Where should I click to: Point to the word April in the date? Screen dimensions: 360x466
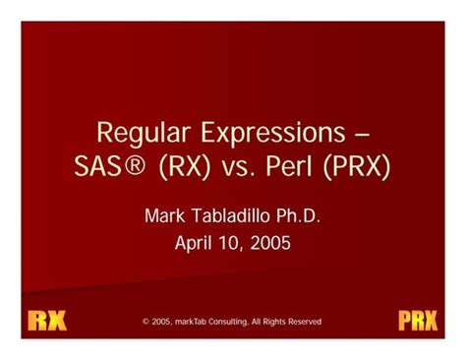pos(196,242)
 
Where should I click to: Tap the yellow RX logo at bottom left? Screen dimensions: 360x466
pos(46,321)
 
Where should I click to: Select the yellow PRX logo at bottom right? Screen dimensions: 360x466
pos(418,321)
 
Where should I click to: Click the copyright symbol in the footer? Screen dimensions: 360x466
pos(146,322)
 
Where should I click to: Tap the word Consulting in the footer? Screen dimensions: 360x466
pos(244,322)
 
